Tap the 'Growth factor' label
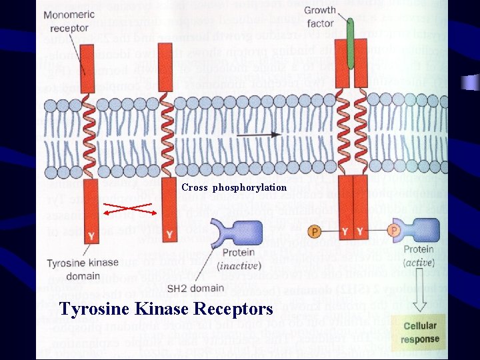coord(320,17)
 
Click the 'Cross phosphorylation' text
coord(234,187)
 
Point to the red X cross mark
coord(131,209)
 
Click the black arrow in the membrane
coord(256,134)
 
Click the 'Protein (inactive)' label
coord(238,259)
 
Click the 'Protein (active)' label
coord(418,255)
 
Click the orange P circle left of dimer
coord(315,232)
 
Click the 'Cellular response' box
coord(420,332)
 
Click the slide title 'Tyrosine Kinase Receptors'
coord(166,309)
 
